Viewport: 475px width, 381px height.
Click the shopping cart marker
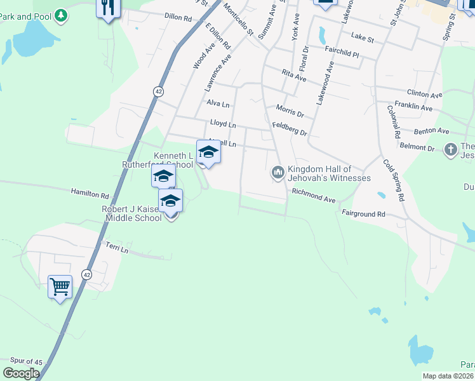coord(60,287)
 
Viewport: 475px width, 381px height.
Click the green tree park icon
coord(60,15)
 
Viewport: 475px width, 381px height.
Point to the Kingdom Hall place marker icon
coord(278,172)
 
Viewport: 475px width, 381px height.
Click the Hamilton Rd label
coord(90,192)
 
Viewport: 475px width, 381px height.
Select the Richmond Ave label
coord(314,194)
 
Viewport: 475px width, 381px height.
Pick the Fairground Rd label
coord(363,214)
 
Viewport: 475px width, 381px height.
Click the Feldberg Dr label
coord(290,129)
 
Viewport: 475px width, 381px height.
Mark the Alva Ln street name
coord(218,103)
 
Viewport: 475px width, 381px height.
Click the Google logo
coord(21,373)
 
